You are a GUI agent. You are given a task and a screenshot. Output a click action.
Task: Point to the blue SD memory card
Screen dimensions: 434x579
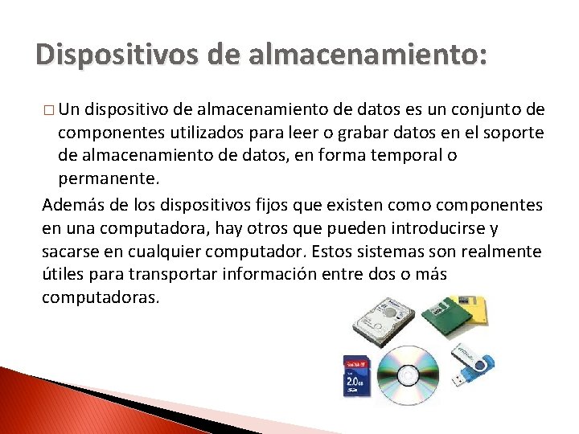click(x=355, y=376)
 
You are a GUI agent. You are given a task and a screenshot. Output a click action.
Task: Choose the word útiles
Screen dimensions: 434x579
click(x=63, y=275)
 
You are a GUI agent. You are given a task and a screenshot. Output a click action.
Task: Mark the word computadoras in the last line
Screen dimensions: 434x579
click(x=101, y=298)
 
